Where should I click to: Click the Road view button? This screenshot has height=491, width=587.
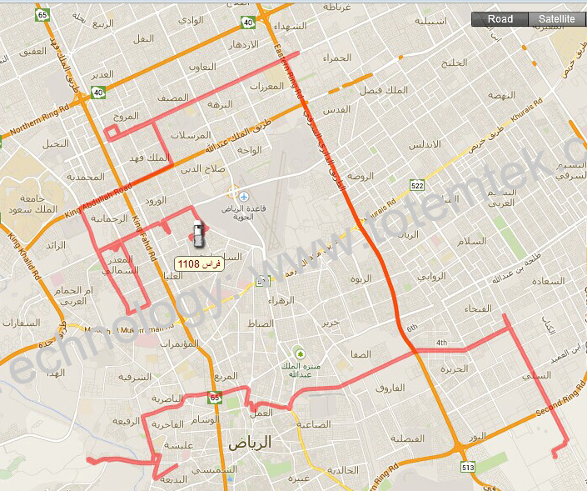[500, 19]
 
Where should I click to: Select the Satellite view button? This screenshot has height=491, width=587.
[556, 19]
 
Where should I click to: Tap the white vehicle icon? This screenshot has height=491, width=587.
[197, 234]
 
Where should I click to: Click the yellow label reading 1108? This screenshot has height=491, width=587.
[194, 263]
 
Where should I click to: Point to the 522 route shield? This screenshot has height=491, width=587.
[417, 185]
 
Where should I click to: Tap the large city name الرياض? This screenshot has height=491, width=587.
[272, 442]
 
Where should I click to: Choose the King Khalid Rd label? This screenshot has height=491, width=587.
[25, 255]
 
